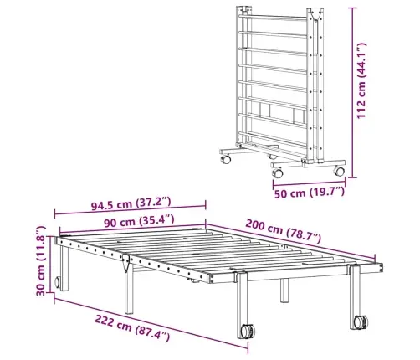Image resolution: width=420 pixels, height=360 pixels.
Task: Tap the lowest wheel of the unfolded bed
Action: [x=248, y=331]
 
